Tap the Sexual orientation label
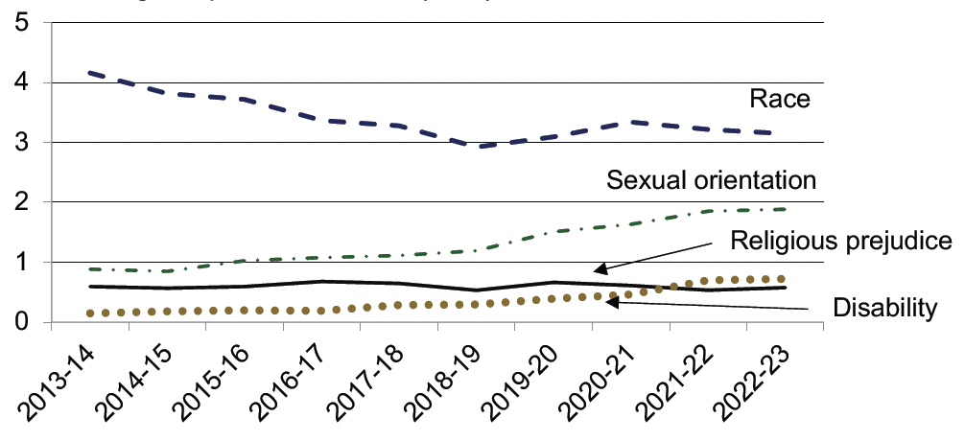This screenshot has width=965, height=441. click(x=711, y=179)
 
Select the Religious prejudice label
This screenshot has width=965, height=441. click(x=840, y=240)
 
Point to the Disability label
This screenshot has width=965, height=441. click(x=883, y=308)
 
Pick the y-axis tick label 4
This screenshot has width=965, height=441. click(x=21, y=82)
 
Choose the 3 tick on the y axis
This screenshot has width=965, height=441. click(x=21, y=142)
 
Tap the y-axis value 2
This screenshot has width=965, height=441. click(x=21, y=201)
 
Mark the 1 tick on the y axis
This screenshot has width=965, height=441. click(x=21, y=262)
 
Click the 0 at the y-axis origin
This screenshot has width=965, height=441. click(x=21, y=321)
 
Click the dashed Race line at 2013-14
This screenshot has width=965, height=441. click(x=90, y=72)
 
